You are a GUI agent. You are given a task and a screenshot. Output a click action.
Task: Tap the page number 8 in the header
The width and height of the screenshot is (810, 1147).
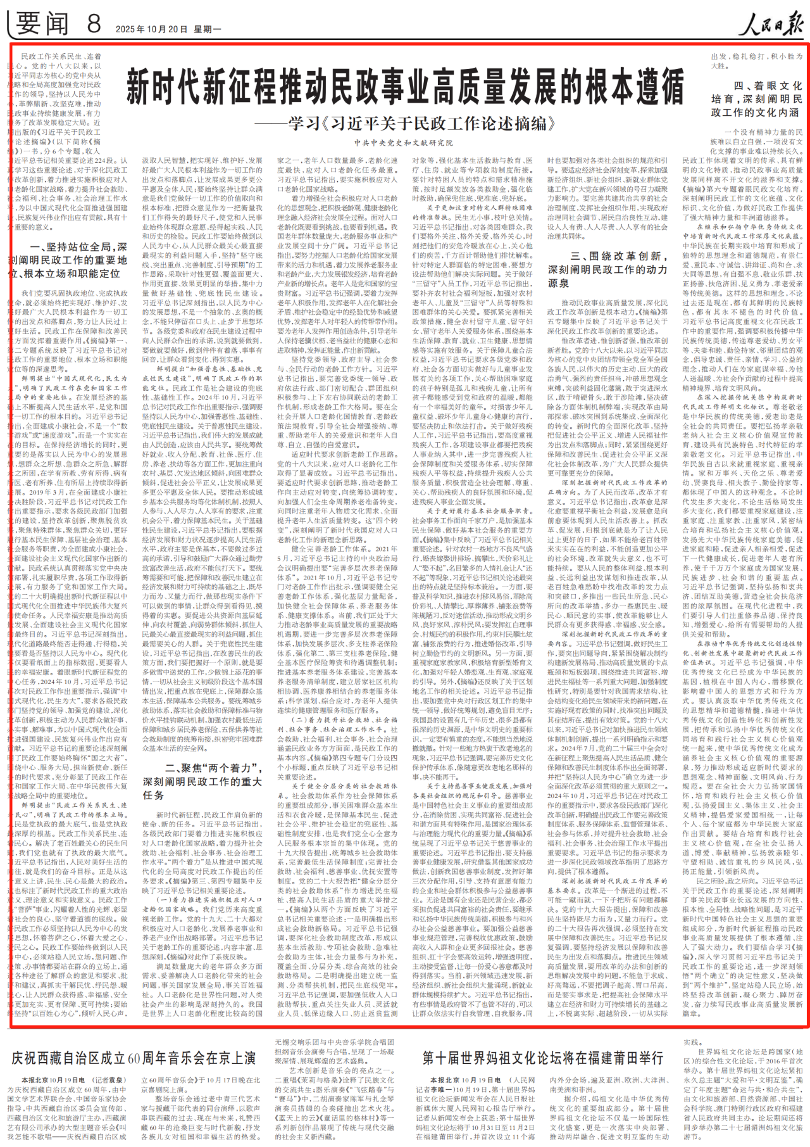point(94,24)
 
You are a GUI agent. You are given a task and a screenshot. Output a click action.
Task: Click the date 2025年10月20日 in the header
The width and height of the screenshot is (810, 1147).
point(152,29)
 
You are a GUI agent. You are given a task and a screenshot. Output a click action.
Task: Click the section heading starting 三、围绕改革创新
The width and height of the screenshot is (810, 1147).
point(607,269)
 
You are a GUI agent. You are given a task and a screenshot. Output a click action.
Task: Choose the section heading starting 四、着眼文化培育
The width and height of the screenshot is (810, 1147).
point(757,99)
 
